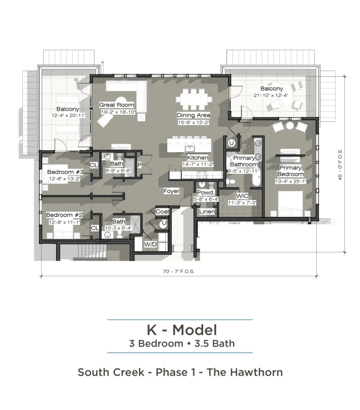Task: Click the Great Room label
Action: click(116, 105)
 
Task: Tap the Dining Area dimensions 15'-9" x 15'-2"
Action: click(194, 123)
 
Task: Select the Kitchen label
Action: click(198, 158)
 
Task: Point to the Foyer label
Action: click(171, 191)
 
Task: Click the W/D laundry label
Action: click(150, 245)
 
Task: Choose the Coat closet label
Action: click(162, 211)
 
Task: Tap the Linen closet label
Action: click(207, 211)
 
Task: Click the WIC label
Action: click(242, 196)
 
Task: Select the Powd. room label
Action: click(206, 193)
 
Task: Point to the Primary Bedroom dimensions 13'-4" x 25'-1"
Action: click(290, 181)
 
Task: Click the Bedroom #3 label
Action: click(65, 172)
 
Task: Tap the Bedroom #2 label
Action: click(64, 215)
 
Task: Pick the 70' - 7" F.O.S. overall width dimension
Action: click(179, 271)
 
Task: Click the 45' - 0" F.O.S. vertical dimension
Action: click(340, 165)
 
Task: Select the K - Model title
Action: click(182, 330)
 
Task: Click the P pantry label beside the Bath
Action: click(140, 165)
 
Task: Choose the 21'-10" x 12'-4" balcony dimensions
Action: click(271, 95)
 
